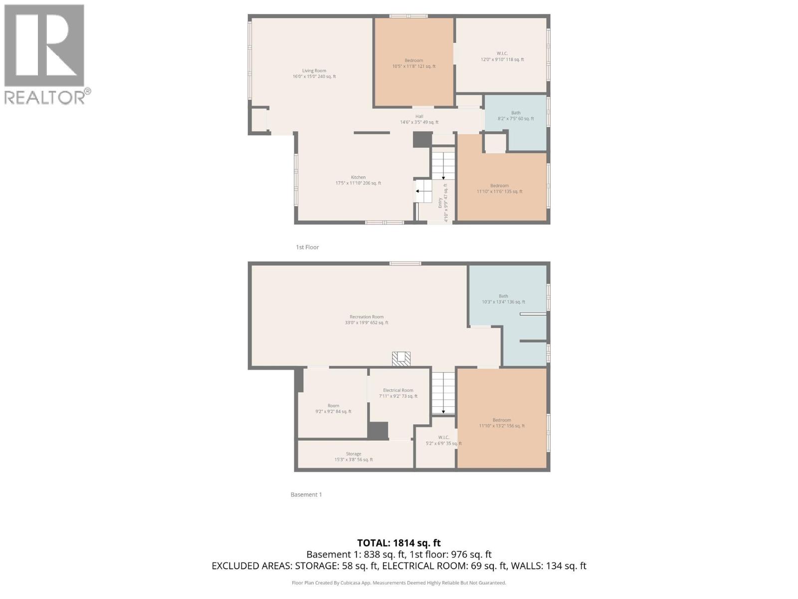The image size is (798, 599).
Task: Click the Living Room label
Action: [x=314, y=74]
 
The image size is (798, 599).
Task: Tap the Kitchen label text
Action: [x=358, y=180]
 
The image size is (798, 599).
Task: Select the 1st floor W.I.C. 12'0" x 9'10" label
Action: [x=502, y=56]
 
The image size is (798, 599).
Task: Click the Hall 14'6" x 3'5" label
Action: [x=419, y=119]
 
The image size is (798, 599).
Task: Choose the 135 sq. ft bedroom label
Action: [x=499, y=189]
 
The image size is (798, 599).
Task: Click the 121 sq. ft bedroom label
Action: [x=413, y=63]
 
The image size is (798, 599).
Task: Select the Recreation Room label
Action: [x=367, y=319]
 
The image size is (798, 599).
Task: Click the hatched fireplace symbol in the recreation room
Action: [x=401, y=358]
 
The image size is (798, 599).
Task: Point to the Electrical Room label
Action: [x=398, y=393]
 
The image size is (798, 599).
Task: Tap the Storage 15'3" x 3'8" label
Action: [x=354, y=457]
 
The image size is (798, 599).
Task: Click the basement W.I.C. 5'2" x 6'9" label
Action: [x=443, y=440]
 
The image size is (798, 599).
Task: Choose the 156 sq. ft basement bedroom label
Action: [x=502, y=423]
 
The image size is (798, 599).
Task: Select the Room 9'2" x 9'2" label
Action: [x=333, y=409]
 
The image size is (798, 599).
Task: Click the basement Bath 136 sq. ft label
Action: [x=503, y=299]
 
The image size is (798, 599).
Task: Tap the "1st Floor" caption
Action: [x=307, y=247]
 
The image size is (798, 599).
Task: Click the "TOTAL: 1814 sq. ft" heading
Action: [x=399, y=543]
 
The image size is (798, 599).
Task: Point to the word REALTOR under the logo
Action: [x=44, y=97]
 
